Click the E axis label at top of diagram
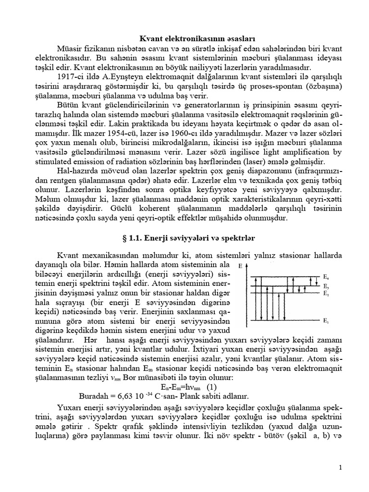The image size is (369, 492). coord(240,265)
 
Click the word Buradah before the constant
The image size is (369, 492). coord(94,396)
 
